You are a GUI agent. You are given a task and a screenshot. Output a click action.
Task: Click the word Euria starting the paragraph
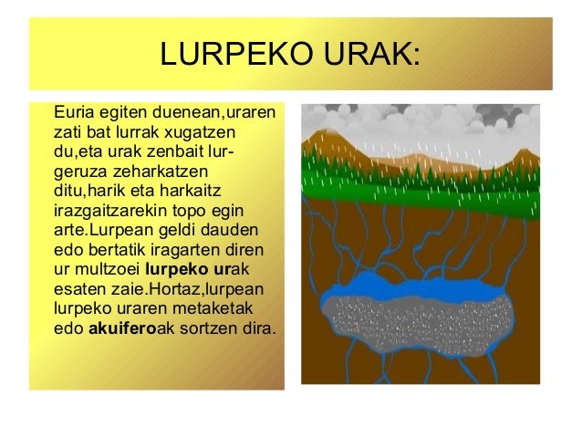pos(74,115)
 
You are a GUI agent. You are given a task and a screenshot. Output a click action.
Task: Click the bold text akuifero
pos(123,326)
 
